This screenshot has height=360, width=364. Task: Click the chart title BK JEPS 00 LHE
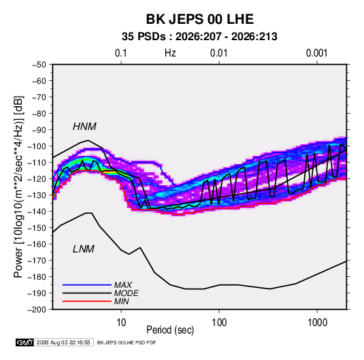[x=199, y=19]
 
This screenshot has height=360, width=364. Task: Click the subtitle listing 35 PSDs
[x=199, y=37]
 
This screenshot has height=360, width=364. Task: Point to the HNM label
[x=84, y=127]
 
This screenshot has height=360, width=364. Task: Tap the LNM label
[x=84, y=249]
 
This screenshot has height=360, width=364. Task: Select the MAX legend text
[x=123, y=285]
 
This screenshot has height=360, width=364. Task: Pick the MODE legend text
[x=127, y=293]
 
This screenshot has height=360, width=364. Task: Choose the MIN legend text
[x=121, y=301]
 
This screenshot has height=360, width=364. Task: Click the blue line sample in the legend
[x=87, y=285]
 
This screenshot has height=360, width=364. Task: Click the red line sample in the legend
[x=87, y=301]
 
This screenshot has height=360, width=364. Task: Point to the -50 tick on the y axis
[x=39, y=65]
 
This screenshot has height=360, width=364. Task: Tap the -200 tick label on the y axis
[x=37, y=310]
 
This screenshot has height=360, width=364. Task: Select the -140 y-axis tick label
[x=37, y=212]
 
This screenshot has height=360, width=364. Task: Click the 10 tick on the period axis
[x=121, y=323]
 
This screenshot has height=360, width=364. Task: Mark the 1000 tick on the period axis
[x=317, y=323]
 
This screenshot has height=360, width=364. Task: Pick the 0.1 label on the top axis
[x=121, y=53]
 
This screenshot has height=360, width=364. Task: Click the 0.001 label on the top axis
[x=316, y=53]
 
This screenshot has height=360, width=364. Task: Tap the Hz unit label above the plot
[x=170, y=53]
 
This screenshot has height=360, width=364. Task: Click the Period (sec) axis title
[x=170, y=330]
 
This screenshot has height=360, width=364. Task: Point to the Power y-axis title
[x=18, y=186]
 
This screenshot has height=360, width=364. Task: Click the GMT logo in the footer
[x=24, y=342]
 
